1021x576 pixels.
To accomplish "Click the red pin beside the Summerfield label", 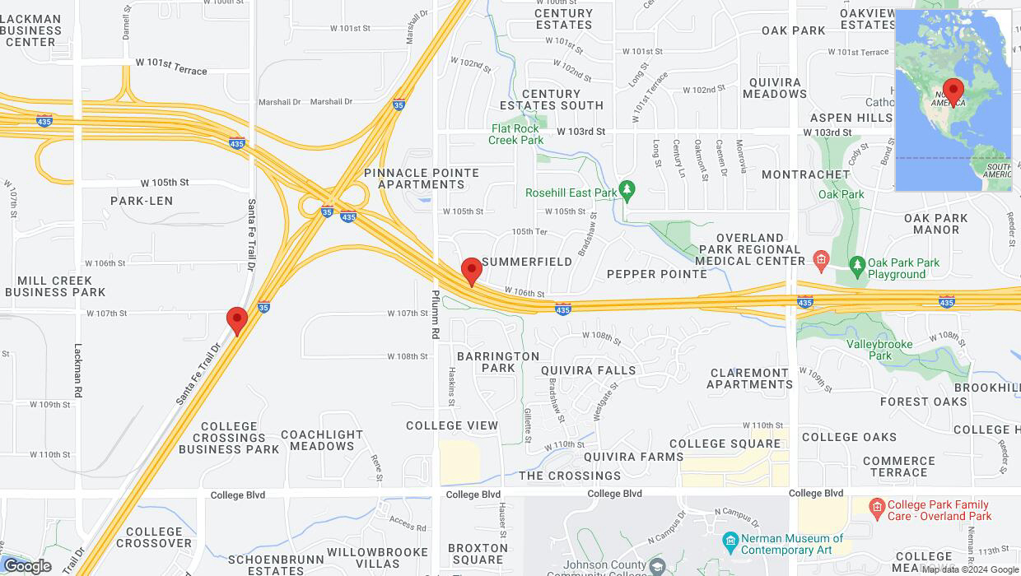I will click(x=471, y=271).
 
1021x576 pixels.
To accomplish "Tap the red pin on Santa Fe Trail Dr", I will click(x=237, y=320).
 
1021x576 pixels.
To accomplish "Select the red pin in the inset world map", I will click(x=953, y=91).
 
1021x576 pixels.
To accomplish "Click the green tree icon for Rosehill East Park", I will click(x=627, y=192).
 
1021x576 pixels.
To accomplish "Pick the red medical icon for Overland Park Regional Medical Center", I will click(x=820, y=261).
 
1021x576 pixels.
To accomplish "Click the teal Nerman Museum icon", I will click(x=730, y=540).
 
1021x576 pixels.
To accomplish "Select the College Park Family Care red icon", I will click(x=876, y=505).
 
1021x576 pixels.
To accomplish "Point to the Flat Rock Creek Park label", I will click(x=515, y=134).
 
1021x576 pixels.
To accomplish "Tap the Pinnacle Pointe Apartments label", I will click(x=422, y=179).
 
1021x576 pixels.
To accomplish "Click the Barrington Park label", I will click(x=498, y=362).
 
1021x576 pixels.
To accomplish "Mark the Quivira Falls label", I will click(x=589, y=370).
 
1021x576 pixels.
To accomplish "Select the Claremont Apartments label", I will click(x=749, y=379).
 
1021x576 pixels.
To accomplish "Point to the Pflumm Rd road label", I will click(x=436, y=313).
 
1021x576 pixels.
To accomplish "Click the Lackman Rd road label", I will click(x=78, y=371).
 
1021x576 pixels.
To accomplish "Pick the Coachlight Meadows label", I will click(x=322, y=440).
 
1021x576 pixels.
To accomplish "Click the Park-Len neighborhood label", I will click(x=142, y=201).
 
